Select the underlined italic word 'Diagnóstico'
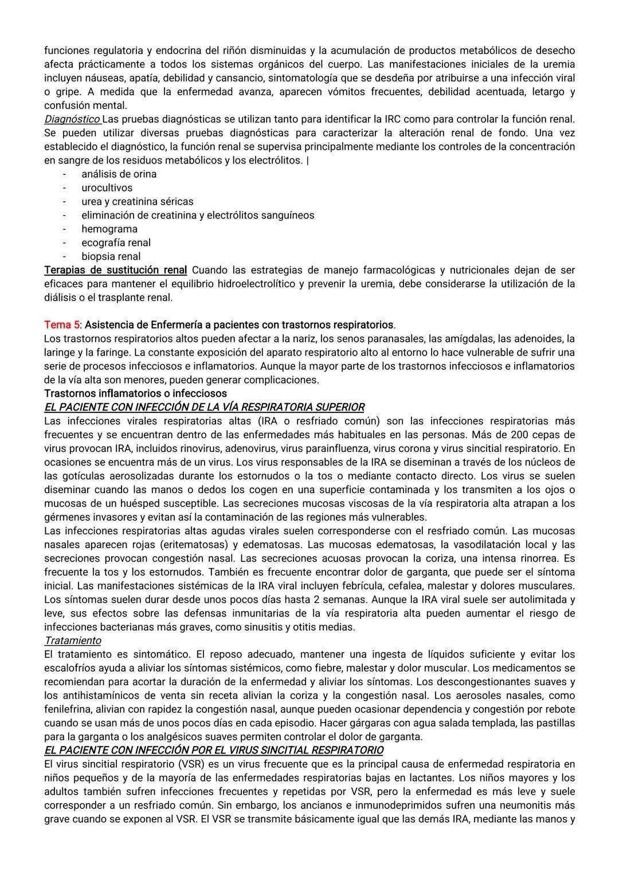pos(72,119)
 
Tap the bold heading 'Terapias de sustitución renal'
pos(115,270)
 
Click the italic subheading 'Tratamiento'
pos(72,640)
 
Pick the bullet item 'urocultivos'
pos(107,187)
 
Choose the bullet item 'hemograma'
pos(109,229)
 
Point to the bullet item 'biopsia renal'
pos(111,256)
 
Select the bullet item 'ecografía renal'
pos(116,243)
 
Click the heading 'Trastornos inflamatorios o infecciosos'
pos(135,393)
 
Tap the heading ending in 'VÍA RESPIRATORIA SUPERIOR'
pos(204,407)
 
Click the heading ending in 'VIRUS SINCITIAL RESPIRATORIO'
pos(214,750)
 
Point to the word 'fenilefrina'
pos(68,709)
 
